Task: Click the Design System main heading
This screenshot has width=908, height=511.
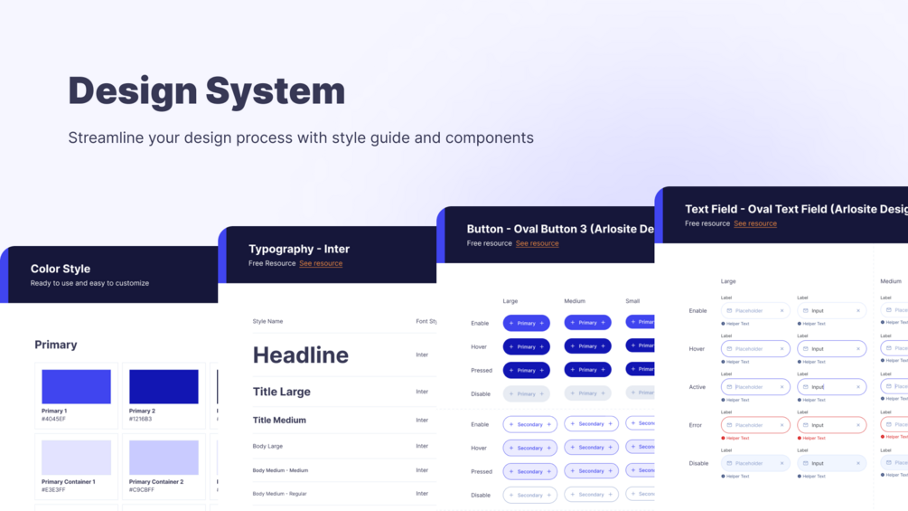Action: click(x=206, y=91)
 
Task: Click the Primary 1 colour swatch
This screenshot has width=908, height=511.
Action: click(x=76, y=386)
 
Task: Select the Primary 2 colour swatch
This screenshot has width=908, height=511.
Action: click(x=164, y=386)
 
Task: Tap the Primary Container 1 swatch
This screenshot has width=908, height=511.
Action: click(x=76, y=458)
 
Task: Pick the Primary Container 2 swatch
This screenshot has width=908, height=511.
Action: click(x=164, y=458)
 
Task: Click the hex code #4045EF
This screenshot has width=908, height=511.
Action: click(x=53, y=420)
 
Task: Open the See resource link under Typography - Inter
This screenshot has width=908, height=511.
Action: click(x=321, y=263)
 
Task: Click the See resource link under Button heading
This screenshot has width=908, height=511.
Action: click(x=537, y=243)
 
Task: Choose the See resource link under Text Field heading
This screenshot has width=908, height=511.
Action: click(x=755, y=223)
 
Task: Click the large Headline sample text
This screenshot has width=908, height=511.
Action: click(x=300, y=355)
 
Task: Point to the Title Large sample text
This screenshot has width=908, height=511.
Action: click(x=281, y=392)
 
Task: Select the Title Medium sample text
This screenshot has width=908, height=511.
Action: click(x=279, y=420)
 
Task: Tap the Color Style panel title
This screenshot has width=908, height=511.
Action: click(x=61, y=269)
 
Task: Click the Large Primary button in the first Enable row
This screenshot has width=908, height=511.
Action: click(x=527, y=323)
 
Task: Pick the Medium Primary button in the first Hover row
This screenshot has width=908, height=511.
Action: click(x=587, y=346)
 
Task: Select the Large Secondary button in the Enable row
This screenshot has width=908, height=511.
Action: click(x=529, y=424)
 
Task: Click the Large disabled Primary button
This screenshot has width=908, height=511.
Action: click(x=527, y=393)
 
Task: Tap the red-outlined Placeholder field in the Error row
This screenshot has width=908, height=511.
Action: click(x=755, y=425)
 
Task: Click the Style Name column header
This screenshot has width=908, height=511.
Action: click(x=267, y=321)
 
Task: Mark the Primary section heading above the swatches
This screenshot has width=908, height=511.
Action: click(x=56, y=345)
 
